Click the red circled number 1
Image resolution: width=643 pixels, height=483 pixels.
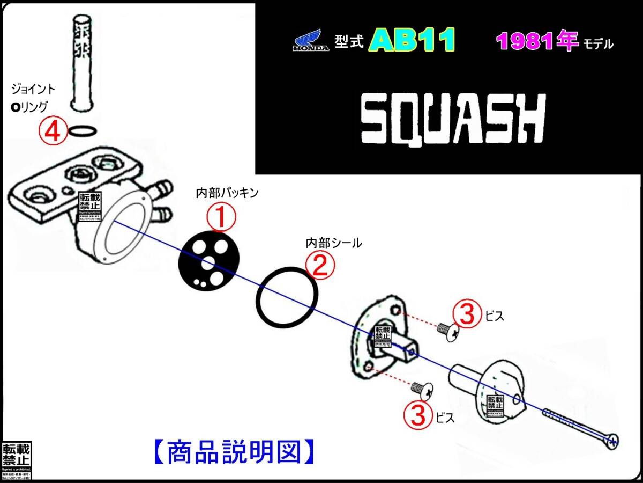click(222, 219)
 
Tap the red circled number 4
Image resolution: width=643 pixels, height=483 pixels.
click(53, 131)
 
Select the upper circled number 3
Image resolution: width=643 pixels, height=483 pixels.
click(467, 315)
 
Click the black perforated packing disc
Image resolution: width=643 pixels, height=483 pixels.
click(205, 262)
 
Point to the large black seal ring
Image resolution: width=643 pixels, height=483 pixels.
click(287, 297)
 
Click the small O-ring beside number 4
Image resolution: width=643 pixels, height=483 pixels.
click(84, 130)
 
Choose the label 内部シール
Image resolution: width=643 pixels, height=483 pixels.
click(333, 243)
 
